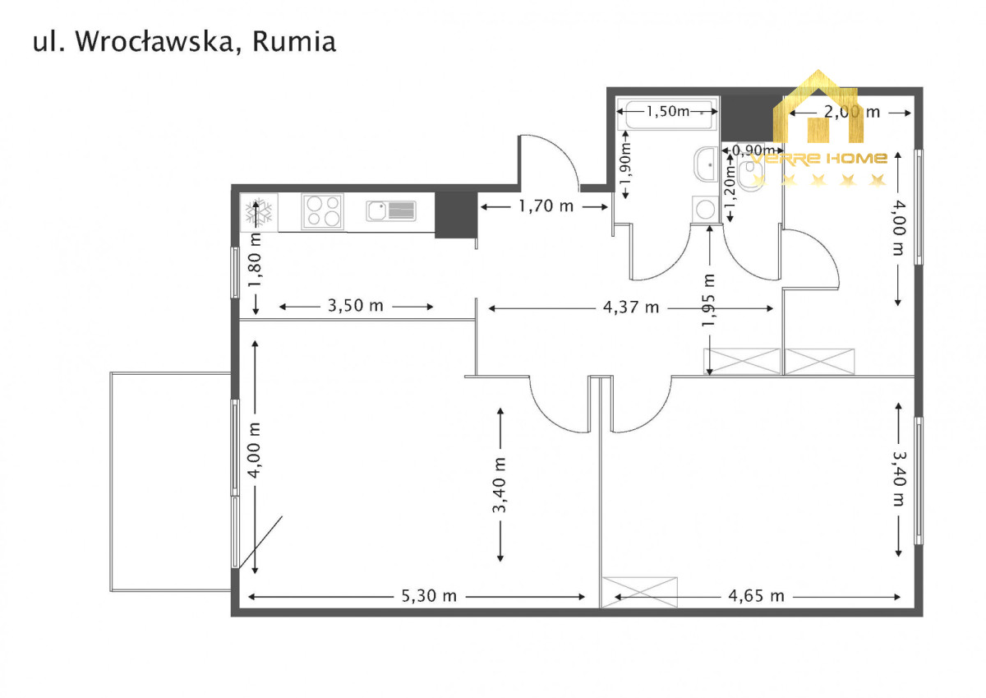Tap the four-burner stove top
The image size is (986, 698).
pos(322,211)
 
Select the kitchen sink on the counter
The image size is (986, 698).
pos(390,211)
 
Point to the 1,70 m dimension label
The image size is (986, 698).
pos(546,206)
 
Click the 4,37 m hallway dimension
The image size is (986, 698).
pos(631,307)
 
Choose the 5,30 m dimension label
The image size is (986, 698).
pos(429,596)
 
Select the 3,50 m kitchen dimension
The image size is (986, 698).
pos(356,306)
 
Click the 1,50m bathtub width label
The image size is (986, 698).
pos(667,111)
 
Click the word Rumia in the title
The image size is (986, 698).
pos(294,42)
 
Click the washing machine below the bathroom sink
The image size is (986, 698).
pos(705,209)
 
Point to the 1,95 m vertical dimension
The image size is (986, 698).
pos(709,299)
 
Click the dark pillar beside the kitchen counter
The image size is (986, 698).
pos(451,214)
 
